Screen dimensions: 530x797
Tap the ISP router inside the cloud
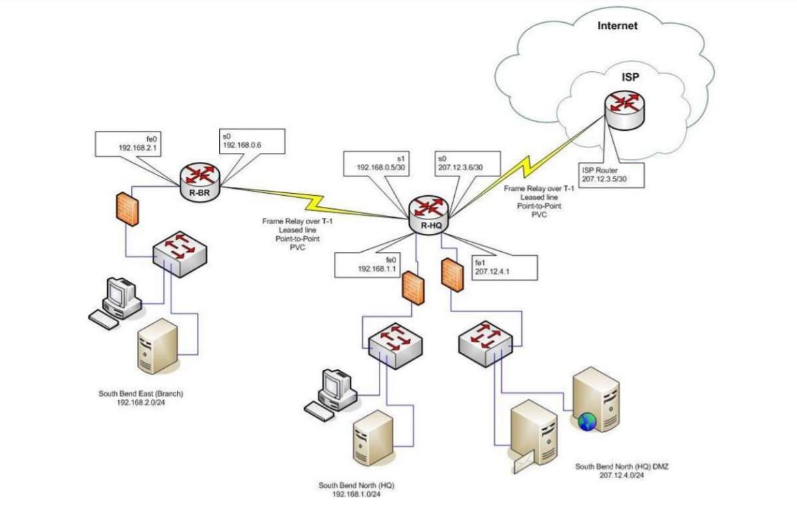[x=624, y=110]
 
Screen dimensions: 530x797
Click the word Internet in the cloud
[x=617, y=26]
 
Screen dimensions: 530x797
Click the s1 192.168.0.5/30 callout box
[x=381, y=163]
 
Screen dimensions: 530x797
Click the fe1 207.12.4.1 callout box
[x=503, y=267]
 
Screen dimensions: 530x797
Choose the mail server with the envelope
[x=533, y=436]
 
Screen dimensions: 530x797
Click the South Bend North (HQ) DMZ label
[x=621, y=470]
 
